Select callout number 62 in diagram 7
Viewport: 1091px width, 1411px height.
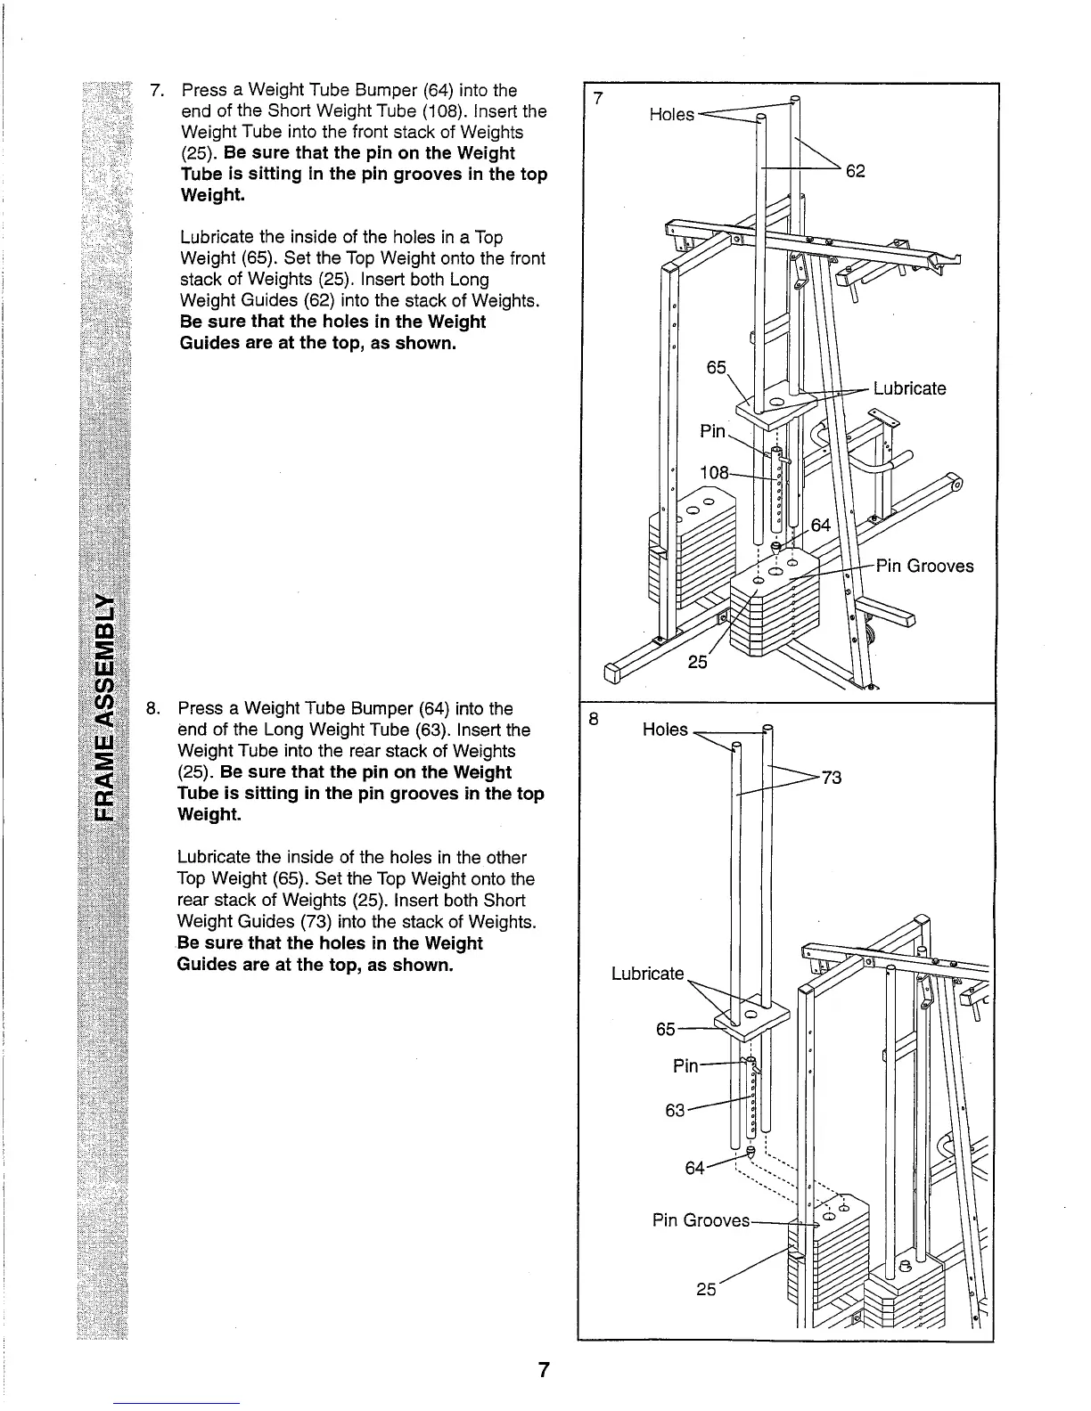coord(856,170)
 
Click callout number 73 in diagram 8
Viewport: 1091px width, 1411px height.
coord(831,778)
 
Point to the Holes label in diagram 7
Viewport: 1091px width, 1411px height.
coord(671,115)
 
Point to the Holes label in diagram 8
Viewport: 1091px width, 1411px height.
coord(665,730)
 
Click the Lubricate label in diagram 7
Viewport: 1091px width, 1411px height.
coord(909,388)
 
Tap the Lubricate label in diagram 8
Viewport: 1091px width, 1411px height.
coord(647,973)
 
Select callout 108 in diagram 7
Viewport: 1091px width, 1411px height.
coord(714,472)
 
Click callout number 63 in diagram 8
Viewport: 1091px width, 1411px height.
coord(676,1110)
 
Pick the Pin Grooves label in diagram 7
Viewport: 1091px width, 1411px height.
coord(924,566)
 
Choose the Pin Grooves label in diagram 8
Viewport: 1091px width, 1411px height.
coord(701,1219)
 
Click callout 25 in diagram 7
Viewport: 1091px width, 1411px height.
coord(698,662)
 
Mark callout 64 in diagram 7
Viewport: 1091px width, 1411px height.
coord(820,525)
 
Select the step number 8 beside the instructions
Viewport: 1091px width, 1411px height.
coord(153,709)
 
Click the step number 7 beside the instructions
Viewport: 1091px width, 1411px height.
coord(157,91)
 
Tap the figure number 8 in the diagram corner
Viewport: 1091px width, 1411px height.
coord(592,717)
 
